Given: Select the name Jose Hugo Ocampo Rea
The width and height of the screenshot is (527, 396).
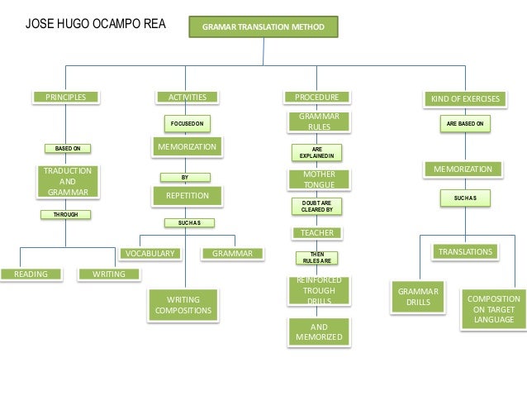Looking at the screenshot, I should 96,24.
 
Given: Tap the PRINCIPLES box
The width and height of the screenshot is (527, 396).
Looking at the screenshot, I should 65,98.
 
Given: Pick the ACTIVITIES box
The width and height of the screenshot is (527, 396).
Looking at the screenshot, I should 188,98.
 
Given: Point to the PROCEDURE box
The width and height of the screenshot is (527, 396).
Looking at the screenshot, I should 317,98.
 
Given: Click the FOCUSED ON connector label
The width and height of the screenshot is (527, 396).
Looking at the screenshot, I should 187,123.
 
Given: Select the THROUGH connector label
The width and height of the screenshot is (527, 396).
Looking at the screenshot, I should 65,214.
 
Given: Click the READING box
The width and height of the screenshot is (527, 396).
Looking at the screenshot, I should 31,274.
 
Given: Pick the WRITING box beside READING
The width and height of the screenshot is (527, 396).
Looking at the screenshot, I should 103,274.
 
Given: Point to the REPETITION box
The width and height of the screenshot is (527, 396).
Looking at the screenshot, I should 188,196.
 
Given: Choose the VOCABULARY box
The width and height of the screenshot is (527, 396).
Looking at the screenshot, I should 150,254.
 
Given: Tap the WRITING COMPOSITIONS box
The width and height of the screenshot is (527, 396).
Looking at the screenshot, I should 184,304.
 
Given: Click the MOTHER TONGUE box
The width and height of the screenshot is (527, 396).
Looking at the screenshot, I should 319,179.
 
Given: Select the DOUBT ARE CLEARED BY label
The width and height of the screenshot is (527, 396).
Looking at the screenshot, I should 318,207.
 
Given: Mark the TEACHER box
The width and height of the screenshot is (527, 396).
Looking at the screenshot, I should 317,233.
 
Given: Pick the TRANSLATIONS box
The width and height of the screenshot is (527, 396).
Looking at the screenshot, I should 465,251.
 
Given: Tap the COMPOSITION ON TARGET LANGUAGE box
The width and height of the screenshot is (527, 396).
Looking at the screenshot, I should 493,309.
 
